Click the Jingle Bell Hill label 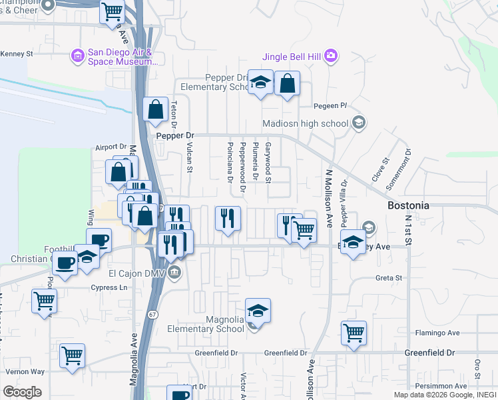click(x=292, y=57)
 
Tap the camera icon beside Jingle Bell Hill click(x=331, y=57)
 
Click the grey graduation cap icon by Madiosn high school click(x=358, y=122)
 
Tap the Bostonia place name click(x=408, y=206)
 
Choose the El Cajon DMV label click(x=137, y=272)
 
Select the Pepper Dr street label click(x=174, y=135)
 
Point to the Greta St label click(x=389, y=278)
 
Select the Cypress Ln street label click(x=108, y=288)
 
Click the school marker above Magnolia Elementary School click(x=258, y=311)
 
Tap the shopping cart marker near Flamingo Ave click(x=354, y=331)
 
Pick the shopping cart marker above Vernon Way click(x=72, y=354)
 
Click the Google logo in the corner click(x=21, y=392)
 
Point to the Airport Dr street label click(x=111, y=147)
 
